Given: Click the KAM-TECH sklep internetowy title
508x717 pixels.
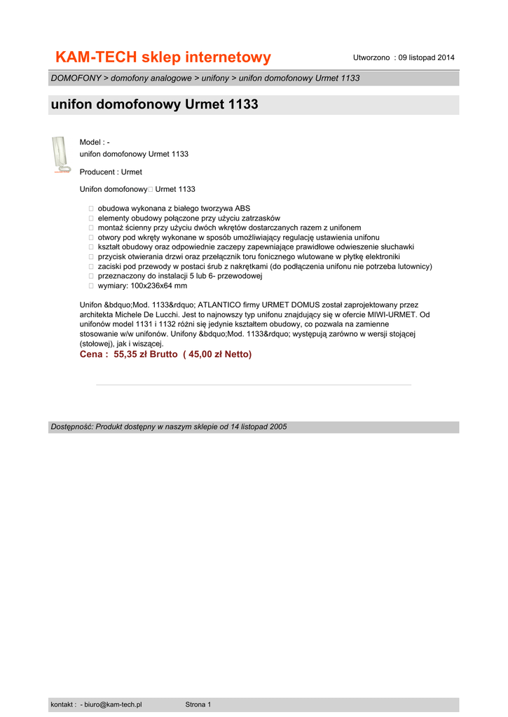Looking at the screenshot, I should pyautogui.click(x=163, y=57).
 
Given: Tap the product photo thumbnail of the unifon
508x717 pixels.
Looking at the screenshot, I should pyautogui.click(x=60, y=154).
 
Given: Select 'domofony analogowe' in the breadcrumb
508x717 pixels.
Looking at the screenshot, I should pyautogui.click(x=151, y=78).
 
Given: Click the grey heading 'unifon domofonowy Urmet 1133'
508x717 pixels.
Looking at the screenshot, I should pyautogui.click(x=155, y=105).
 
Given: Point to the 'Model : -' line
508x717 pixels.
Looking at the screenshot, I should pyautogui.click(x=95, y=142).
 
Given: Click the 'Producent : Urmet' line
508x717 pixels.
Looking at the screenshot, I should pyautogui.click(x=111, y=172).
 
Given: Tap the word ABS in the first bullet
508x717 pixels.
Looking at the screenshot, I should pyautogui.click(x=242, y=209).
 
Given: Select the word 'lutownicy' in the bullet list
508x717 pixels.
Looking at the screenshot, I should pyautogui.click(x=415, y=267).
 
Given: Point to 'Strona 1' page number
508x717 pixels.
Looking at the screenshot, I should pyautogui.click(x=198, y=704).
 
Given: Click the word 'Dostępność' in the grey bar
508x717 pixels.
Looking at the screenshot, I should pyautogui.click(x=71, y=427).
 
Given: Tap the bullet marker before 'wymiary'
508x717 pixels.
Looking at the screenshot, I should pyautogui.click(x=91, y=286).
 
